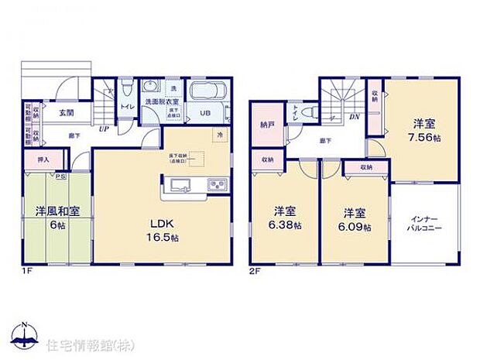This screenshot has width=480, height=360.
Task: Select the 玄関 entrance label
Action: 65,113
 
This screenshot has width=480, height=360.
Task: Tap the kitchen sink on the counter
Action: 176,184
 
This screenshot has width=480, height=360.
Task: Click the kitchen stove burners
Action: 216,184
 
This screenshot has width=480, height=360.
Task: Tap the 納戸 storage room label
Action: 266,123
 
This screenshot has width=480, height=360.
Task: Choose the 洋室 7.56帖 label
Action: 423,129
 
